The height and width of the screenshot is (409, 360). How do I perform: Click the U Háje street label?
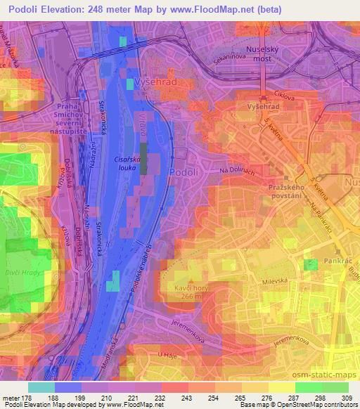[x=167, y=353]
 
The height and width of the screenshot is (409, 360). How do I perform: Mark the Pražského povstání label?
[x=288, y=193]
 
